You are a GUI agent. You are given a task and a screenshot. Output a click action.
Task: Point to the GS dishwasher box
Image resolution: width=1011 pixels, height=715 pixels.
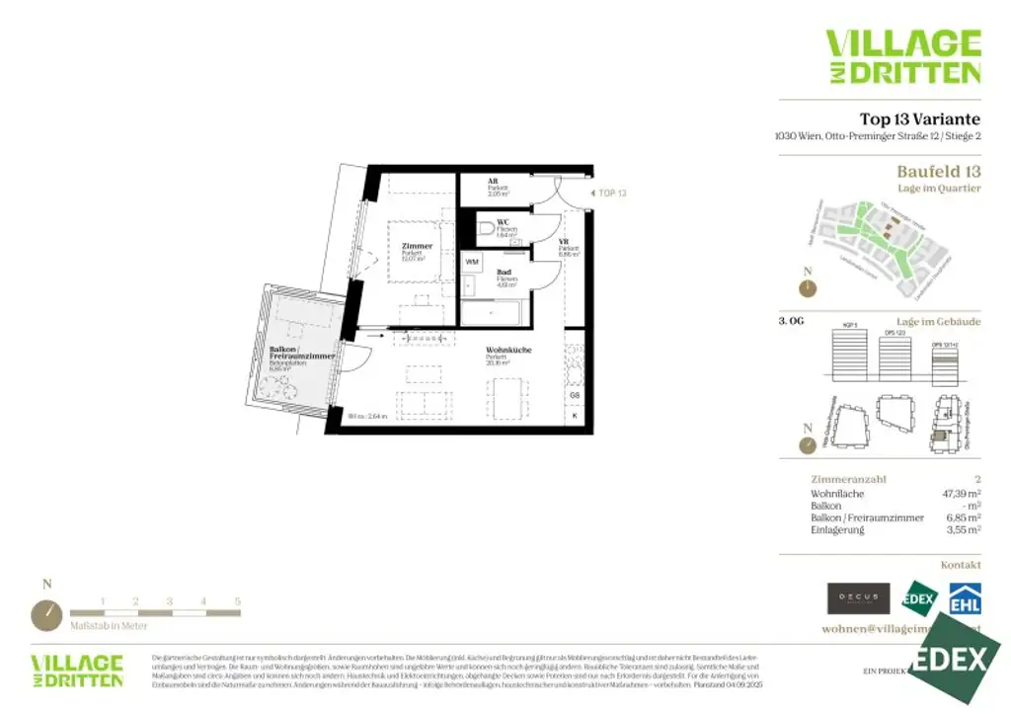[575, 394]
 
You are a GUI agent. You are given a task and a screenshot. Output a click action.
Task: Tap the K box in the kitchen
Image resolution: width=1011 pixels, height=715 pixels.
[575, 416]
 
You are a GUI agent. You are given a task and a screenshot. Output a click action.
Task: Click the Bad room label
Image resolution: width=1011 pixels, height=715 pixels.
[504, 272]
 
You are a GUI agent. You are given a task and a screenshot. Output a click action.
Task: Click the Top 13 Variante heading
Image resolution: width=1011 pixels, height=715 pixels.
[919, 120]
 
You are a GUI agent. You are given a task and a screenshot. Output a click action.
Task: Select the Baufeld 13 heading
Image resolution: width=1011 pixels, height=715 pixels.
[938, 171]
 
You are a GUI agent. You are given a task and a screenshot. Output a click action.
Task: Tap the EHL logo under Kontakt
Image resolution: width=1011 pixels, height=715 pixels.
[964, 598]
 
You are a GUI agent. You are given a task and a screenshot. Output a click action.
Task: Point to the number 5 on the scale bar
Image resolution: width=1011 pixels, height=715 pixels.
[237, 601]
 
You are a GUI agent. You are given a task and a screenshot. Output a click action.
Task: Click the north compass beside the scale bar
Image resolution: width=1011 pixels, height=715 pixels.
[46, 614]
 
